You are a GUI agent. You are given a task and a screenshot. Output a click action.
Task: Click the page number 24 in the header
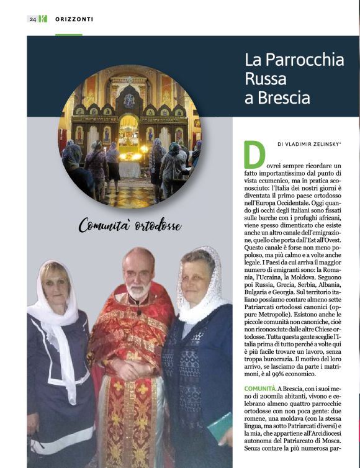pos(32,19)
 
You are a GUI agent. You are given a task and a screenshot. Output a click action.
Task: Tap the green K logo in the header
pos(42,19)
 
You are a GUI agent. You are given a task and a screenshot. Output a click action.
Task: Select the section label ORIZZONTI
pos(74,19)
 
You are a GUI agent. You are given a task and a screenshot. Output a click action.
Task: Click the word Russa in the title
pos(266,79)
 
